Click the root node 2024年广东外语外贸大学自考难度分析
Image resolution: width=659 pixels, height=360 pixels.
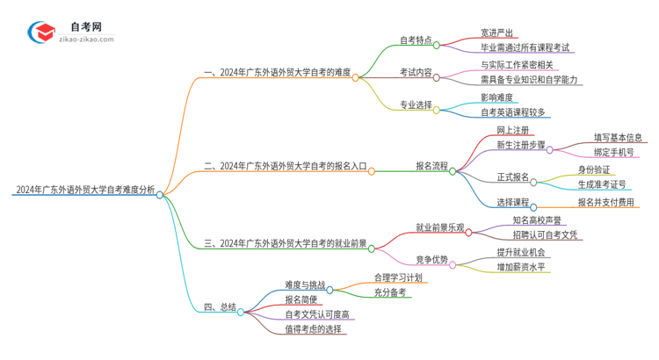pyautogui.click(x=84, y=189)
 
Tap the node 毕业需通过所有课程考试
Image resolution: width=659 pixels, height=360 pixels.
pyautogui.click(x=525, y=48)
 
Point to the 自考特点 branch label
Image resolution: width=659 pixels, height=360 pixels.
pyautogui.click(x=415, y=40)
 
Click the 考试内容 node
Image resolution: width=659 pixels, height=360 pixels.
pyautogui.click(x=415, y=72)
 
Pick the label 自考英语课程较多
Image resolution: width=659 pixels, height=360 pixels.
pyautogui.click(x=513, y=112)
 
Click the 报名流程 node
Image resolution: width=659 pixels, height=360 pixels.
pyautogui.click(x=431, y=165)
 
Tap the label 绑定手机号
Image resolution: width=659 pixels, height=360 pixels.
pyautogui.click(x=614, y=152)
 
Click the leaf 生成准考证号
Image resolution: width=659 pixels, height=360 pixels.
pyautogui.click(x=602, y=184)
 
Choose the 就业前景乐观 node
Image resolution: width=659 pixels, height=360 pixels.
pyautogui.click(x=440, y=227)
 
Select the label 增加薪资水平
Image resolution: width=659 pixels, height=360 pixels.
pyautogui.click(x=521, y=266)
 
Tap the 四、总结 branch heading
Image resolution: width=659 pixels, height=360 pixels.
pyautogui.click(x=220, y=307)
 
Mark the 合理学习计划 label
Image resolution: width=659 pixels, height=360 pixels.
pyautogui.click(x=397, y=277)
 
